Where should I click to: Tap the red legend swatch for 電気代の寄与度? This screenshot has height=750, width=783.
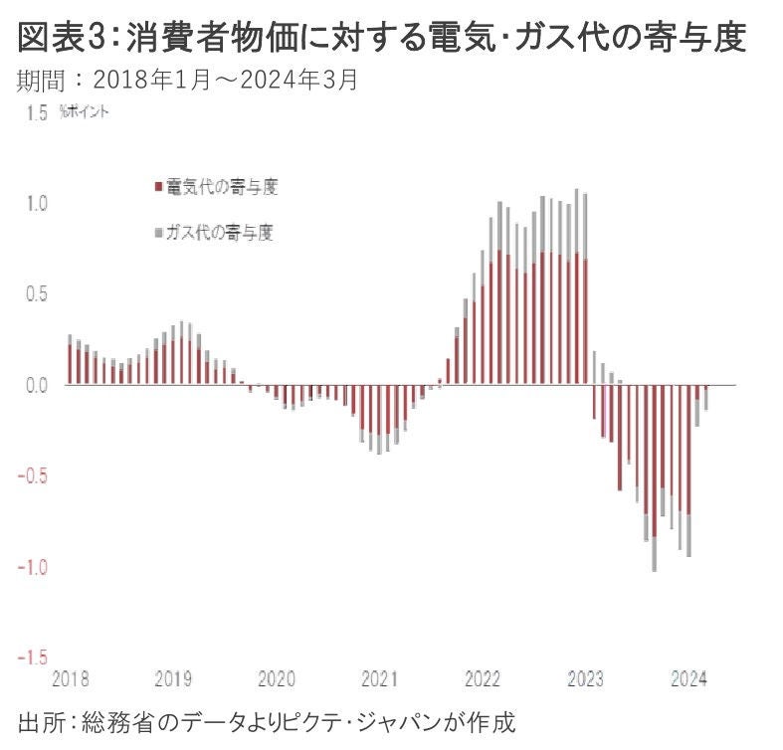click(157, 187)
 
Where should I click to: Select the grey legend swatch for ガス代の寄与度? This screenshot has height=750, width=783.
click(157, 233)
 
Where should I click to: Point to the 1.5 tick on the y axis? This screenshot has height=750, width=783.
click(37, 112)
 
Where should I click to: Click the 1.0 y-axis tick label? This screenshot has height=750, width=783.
click(37, 203)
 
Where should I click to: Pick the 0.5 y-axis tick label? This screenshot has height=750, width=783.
click(37, 294)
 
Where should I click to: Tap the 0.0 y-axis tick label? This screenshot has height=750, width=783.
click(37, 385)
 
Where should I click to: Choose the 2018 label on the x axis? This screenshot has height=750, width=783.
click(69, 680)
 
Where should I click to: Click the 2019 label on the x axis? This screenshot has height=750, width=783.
click(173, 680)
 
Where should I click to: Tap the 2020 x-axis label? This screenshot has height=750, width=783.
click(277, 680)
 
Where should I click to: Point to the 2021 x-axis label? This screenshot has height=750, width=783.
click(379, 680)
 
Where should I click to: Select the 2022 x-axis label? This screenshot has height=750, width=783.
click(483, 680)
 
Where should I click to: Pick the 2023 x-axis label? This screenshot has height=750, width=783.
click(585, 680)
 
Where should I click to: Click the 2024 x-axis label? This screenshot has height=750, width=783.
click(688, 680)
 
